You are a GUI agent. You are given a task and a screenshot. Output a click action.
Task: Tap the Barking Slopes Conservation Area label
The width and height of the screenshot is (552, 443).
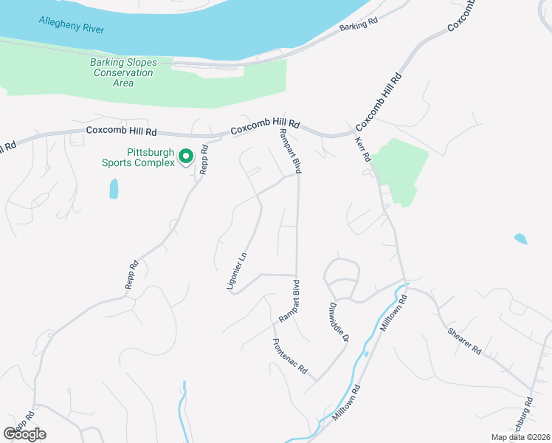(x=123, y=72)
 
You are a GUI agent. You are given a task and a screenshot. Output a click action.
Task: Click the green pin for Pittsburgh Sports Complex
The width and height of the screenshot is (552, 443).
(x=186, y=157)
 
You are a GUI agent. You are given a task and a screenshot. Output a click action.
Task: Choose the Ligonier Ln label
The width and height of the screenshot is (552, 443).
(x=238, y=269)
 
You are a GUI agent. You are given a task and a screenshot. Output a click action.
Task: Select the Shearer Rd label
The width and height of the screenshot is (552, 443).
(x=464, y=340)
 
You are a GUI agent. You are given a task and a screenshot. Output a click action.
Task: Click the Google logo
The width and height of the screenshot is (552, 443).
(x=24, y=433)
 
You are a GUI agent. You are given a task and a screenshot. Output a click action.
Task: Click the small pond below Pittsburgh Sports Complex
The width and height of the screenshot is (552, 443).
(x=114, y=189)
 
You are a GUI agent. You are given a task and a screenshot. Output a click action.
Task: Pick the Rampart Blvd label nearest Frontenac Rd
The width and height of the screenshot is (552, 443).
(x=289, y=301)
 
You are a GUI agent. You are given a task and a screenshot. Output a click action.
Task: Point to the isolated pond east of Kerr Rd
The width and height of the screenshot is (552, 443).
(x=520, y=238)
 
